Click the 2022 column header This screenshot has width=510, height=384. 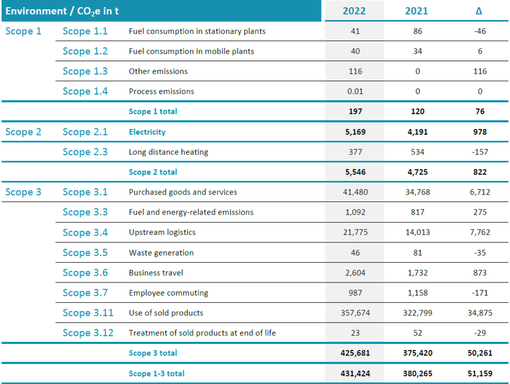(354, 11)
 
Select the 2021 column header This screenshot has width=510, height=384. (416, 11)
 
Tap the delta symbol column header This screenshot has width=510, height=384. (478, 11)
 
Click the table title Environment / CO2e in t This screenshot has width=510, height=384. (62, 12)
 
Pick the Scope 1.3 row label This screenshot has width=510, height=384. (85, 71)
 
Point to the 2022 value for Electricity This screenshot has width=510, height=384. (355, 132)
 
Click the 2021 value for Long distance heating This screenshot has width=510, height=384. (418, 152)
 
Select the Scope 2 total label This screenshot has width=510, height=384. (153, 172)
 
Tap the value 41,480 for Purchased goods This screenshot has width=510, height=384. (355, 192)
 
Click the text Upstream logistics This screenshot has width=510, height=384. (162, 233)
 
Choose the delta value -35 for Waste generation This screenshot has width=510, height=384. (480, 253)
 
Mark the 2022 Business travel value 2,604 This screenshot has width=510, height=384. (355, 273)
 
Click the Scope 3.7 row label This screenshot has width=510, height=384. (85, 293)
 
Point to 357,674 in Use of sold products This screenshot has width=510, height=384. (355, 313)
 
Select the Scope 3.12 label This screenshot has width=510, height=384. (88, 333)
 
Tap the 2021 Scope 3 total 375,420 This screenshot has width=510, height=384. (418, 353)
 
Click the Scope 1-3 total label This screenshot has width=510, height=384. (156, 374)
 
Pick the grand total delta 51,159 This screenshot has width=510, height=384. (480, 374)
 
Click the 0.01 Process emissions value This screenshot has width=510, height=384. (355, 92)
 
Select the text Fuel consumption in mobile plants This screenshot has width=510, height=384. (191, 52)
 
